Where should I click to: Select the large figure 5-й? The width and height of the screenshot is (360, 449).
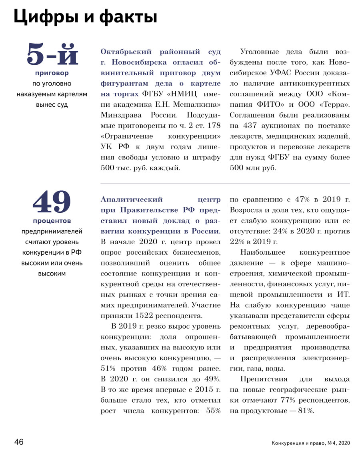tap(52, 55)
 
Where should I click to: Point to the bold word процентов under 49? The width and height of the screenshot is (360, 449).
tap(52, 220)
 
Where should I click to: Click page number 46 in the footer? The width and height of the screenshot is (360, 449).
tap(19, 442)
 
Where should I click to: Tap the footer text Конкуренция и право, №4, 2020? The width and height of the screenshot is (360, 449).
tap(310, 443)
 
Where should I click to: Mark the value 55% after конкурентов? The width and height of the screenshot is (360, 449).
tap(213, 411)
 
